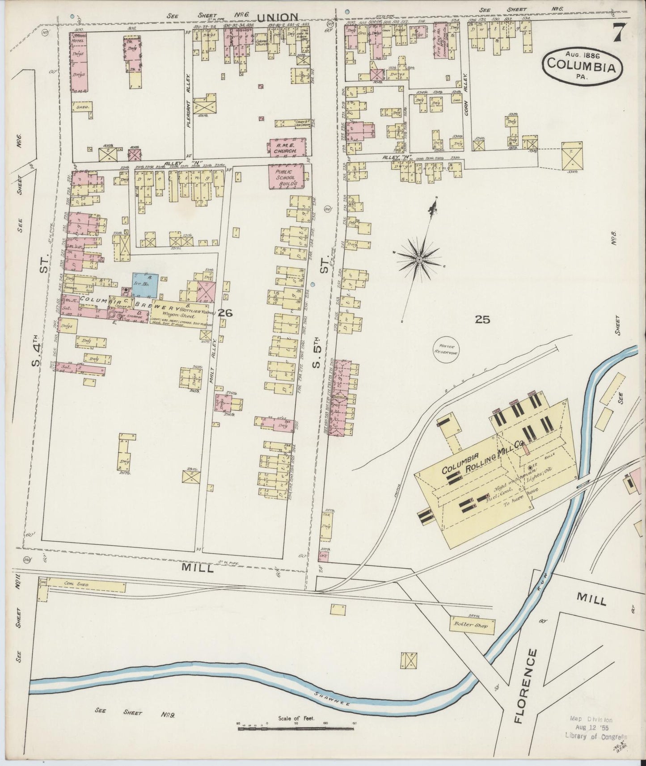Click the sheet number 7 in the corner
618,33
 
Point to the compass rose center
419,259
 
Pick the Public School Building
286,177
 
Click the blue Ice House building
145,285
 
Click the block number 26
225,313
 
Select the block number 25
483,319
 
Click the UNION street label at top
277,17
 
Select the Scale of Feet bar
296,729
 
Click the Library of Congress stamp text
595,736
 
